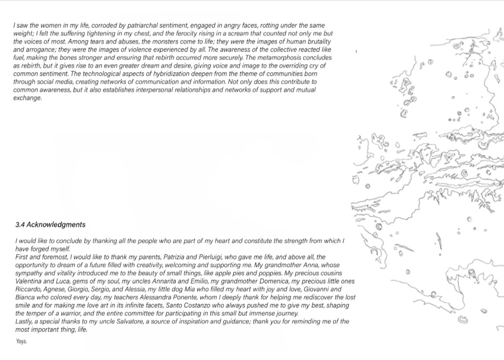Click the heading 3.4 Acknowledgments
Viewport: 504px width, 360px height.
point(50,225)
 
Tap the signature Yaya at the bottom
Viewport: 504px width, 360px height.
point(21,341)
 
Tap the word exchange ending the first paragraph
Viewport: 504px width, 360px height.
point(27,98)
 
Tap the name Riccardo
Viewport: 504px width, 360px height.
point(28,289)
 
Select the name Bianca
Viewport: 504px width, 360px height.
point(25,298)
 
